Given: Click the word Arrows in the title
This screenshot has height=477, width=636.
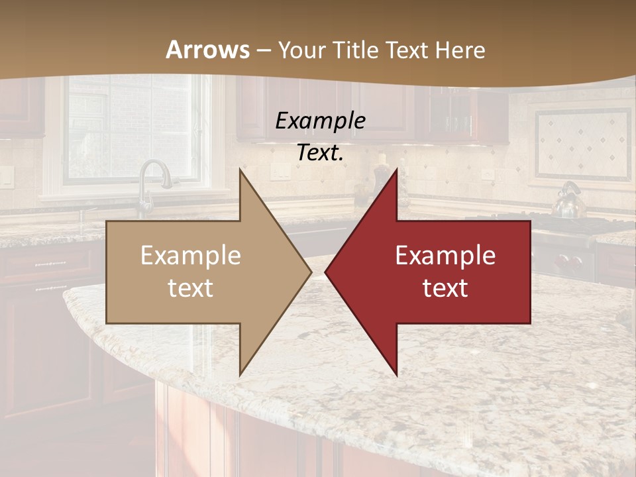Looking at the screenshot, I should click(208, 50).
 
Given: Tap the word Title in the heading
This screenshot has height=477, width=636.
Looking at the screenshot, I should click(360, 50).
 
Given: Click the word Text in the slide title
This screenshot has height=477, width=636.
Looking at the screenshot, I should click(408, 50).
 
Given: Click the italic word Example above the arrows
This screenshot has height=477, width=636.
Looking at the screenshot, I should click(320, 121).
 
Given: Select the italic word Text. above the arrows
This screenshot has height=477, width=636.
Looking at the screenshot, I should click(320, 153).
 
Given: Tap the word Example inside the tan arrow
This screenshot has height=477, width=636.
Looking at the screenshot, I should click(191, 256).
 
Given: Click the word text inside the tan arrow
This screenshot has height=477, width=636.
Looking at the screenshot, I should click(191, 288).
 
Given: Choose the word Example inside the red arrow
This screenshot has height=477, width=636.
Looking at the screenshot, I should click(445, 256).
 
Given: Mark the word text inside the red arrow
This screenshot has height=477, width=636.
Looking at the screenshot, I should click(445, 288).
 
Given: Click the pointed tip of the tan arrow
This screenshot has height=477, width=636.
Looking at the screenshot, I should click(310, 272).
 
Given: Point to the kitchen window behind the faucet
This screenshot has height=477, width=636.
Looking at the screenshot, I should click(132, 129).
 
